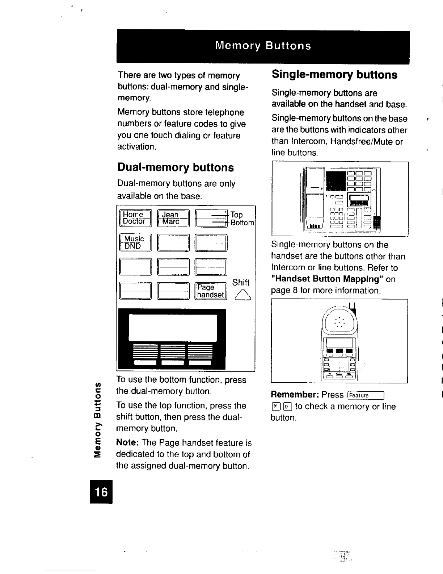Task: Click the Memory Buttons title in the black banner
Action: [x=263, y=46]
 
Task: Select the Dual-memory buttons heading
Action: [x=176, y=167]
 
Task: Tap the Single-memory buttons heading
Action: [x=334, y=75]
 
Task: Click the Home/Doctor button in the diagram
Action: [x=135, y=218]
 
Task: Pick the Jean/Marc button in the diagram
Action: [x=173, y=218]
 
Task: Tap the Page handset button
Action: [x=211, y=291]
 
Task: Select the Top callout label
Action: [x=237, y=215]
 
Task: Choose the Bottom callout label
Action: [x=242, y=223]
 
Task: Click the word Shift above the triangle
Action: [x=241, y=283]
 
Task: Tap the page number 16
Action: [x=101, y=492]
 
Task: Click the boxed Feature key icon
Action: [x=365, y=395]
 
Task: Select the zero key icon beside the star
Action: [x=286, y=407]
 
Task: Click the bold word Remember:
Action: [x=294, y=395]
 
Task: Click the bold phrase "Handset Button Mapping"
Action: [x=328, y=279]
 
